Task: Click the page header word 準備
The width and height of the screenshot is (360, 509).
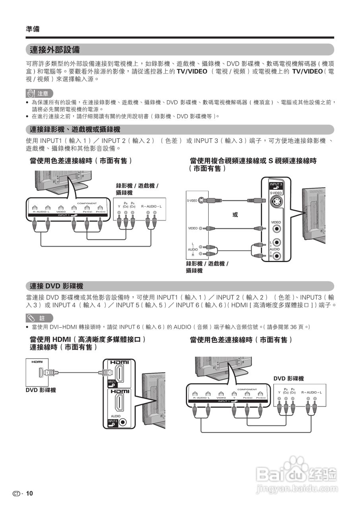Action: coord(33,29)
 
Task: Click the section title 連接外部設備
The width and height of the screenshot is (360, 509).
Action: coord(55,50)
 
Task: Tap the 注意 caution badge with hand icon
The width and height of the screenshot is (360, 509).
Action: coord(39,94)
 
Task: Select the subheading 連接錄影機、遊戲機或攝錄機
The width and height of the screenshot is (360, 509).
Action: coord(75,130)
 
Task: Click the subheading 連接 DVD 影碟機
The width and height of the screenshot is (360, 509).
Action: coord(56,286)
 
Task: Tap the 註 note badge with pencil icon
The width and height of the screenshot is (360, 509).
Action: coord(39,318)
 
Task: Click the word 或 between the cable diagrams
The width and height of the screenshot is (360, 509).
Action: coord(235,214)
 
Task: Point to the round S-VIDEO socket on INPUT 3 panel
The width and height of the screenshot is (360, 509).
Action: coord(276,203)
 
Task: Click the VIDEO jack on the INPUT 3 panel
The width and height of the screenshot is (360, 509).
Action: coord(276,229)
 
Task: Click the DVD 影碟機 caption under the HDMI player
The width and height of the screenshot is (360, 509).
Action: coord(41,390)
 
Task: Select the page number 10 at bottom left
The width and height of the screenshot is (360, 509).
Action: coord(30,493)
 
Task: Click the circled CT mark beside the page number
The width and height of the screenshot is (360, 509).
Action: coord(16,493)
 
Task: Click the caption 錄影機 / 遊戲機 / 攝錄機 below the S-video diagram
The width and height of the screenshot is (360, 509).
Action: coord(207,267)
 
